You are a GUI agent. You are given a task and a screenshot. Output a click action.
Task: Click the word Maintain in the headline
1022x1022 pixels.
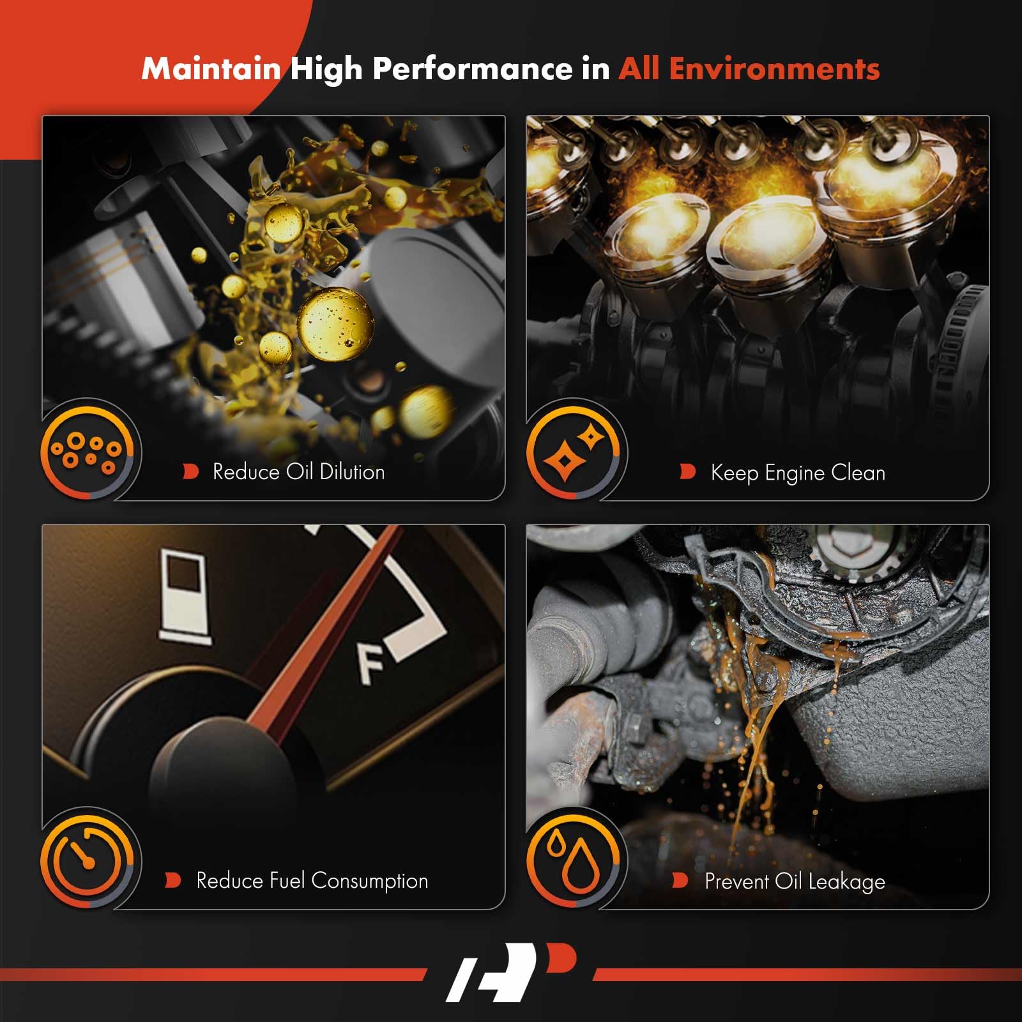[x=211, y=68]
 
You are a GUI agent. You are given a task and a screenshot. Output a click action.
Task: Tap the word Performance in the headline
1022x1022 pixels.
[x=473, y=69]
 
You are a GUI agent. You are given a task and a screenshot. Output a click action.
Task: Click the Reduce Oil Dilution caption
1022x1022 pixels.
[x=299, y=472]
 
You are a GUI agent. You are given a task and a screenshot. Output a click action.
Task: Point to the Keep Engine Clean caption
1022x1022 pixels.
[x=798, y=473]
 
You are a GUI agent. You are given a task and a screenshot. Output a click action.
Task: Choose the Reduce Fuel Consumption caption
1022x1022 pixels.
[x=312, y=881]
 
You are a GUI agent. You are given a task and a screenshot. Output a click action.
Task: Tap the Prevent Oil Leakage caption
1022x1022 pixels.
[x=795, y=881]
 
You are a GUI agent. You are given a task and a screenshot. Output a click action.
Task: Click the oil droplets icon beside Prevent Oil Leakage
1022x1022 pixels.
[x=573, y=860]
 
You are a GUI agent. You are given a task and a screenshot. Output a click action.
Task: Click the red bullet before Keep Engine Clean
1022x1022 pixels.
[x=687, y=472]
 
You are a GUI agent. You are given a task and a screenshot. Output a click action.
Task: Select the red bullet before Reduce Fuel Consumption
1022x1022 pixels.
[x=172, y=881]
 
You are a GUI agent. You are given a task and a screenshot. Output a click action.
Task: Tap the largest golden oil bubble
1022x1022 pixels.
[x=335, y=323]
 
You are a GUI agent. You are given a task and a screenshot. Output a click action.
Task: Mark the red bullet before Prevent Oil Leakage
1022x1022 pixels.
[x=680, y=881]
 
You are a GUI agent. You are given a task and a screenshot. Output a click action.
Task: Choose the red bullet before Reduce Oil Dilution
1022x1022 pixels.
[x=190, y=472]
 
